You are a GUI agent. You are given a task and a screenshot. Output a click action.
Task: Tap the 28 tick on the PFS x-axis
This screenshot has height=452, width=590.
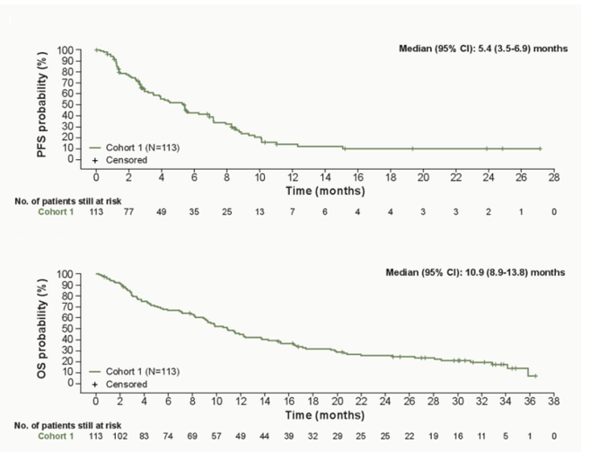554,177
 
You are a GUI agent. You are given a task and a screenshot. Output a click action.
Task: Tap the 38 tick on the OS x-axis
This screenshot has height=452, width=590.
554,401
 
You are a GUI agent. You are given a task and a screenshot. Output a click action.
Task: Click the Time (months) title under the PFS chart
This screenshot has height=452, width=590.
325,191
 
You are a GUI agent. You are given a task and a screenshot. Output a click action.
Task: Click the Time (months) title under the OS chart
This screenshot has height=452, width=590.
325,414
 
